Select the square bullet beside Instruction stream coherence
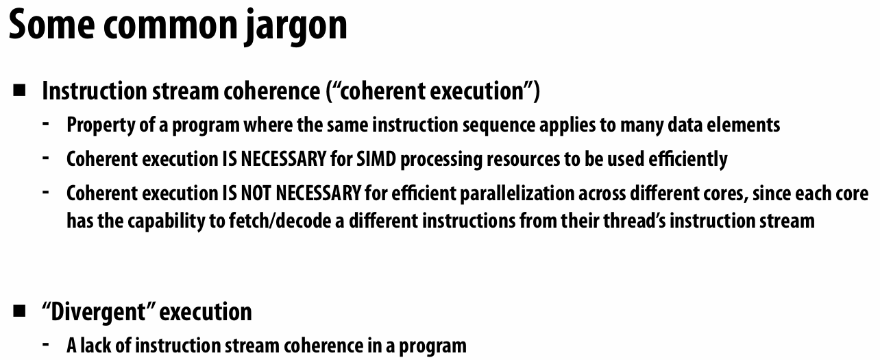(19, 90)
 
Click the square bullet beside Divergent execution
(19, 311)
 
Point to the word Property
(96, 125)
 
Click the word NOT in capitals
(256, 193)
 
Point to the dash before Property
(46, 124)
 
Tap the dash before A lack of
(46, 344)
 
